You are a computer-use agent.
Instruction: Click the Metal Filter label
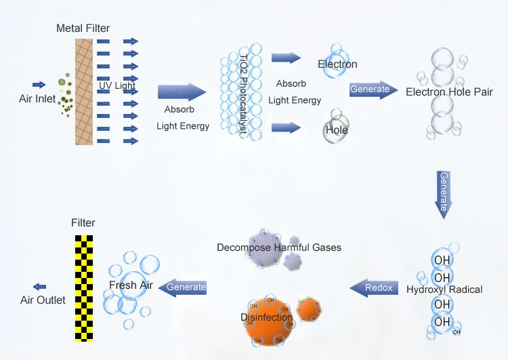[83, 28]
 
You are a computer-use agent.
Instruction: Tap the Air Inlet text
[37, 99]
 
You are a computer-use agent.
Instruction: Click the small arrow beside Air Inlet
[39, 85]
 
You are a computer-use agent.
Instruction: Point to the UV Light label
[117, 86]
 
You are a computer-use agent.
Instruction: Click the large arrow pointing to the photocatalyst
[182, 93]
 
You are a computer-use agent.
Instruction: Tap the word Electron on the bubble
[337, 64]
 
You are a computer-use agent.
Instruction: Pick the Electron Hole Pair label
[449, 92]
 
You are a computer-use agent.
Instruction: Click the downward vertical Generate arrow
[444, 193]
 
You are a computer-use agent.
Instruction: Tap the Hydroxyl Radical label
[444, 289]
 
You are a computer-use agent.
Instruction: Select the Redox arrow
[375, 288]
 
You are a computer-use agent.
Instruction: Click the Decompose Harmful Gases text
[279, 247]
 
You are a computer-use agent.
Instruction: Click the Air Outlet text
[43, 300]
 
